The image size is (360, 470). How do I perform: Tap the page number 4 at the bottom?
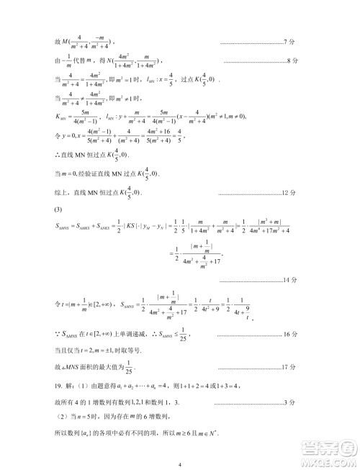pyautogui.click(x=179, y=463)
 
